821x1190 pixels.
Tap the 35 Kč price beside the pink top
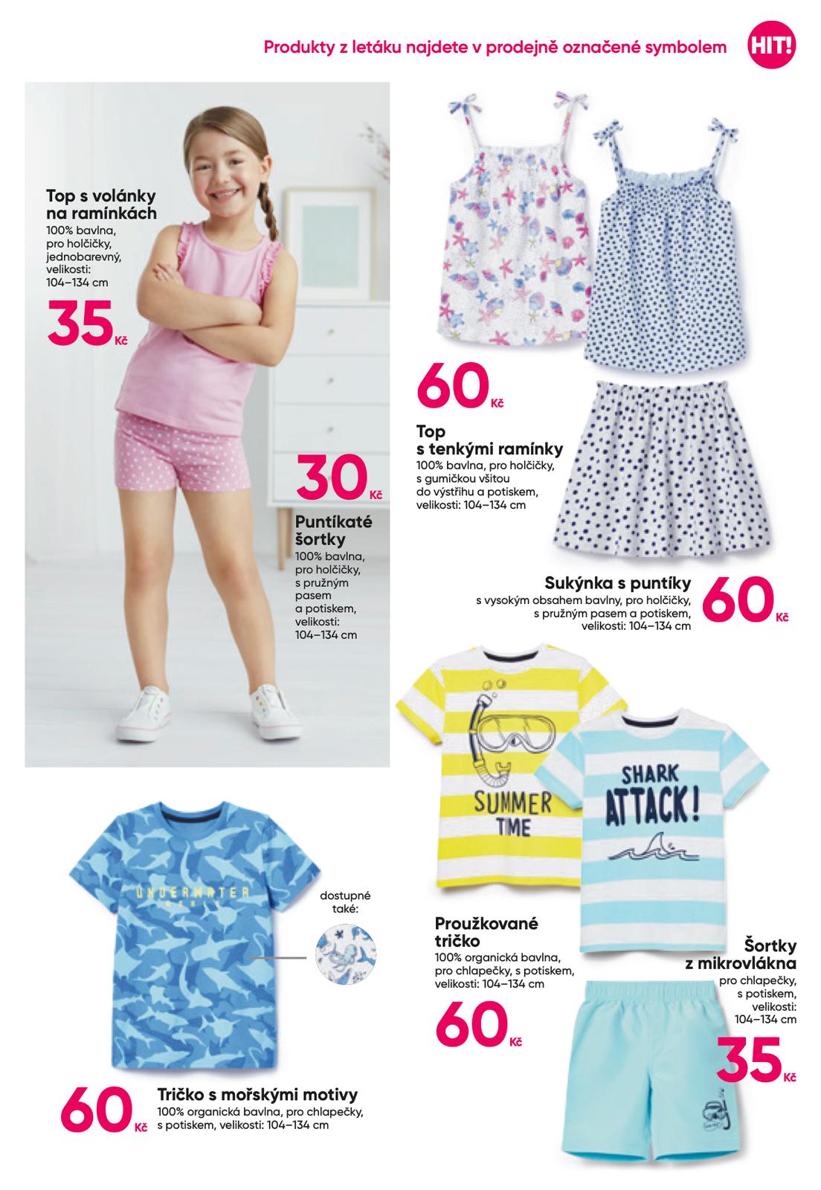click(82, 323)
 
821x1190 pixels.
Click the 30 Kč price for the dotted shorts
click(333, 478)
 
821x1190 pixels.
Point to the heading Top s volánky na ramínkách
click(101, 205)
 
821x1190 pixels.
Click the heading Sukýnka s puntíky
click(618, 582)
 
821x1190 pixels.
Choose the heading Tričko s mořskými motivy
click(257, 1095)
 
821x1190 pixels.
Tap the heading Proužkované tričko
click(486, 932)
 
